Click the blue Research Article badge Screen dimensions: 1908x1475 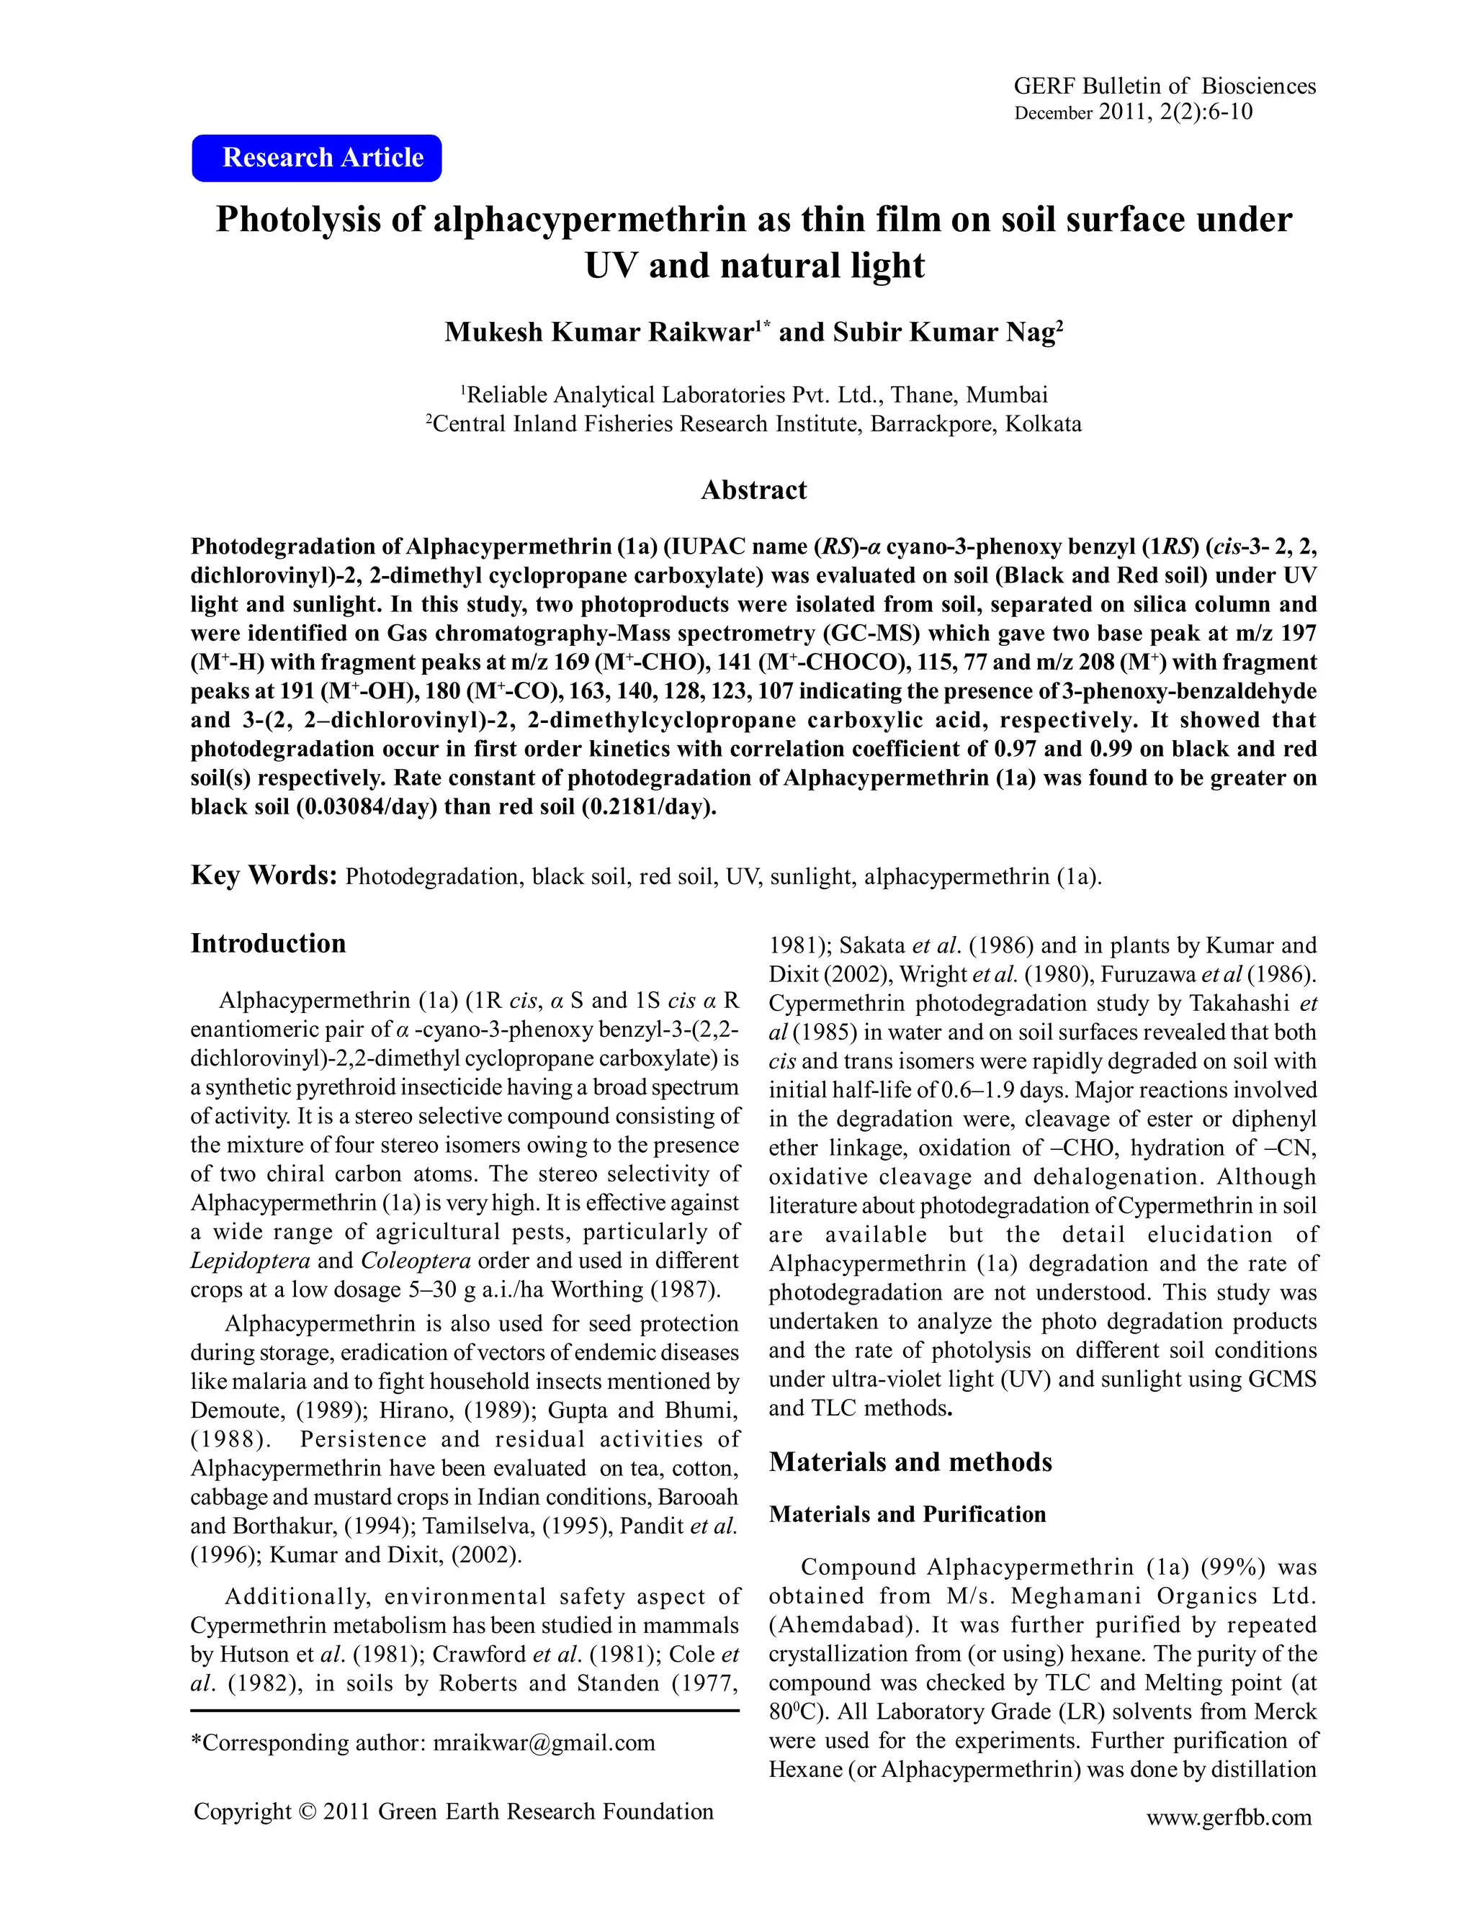316,158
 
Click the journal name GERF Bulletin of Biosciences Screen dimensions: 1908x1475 1164,86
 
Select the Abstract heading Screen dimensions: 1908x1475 753,490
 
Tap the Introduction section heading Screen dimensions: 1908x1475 268,943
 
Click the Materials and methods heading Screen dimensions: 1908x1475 910,1462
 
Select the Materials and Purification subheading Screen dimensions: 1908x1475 907,1514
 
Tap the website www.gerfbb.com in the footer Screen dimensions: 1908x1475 1229,1817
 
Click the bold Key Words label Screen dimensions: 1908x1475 264,876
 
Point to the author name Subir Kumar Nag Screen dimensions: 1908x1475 947,333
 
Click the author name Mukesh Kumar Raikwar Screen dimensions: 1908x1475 599,333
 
